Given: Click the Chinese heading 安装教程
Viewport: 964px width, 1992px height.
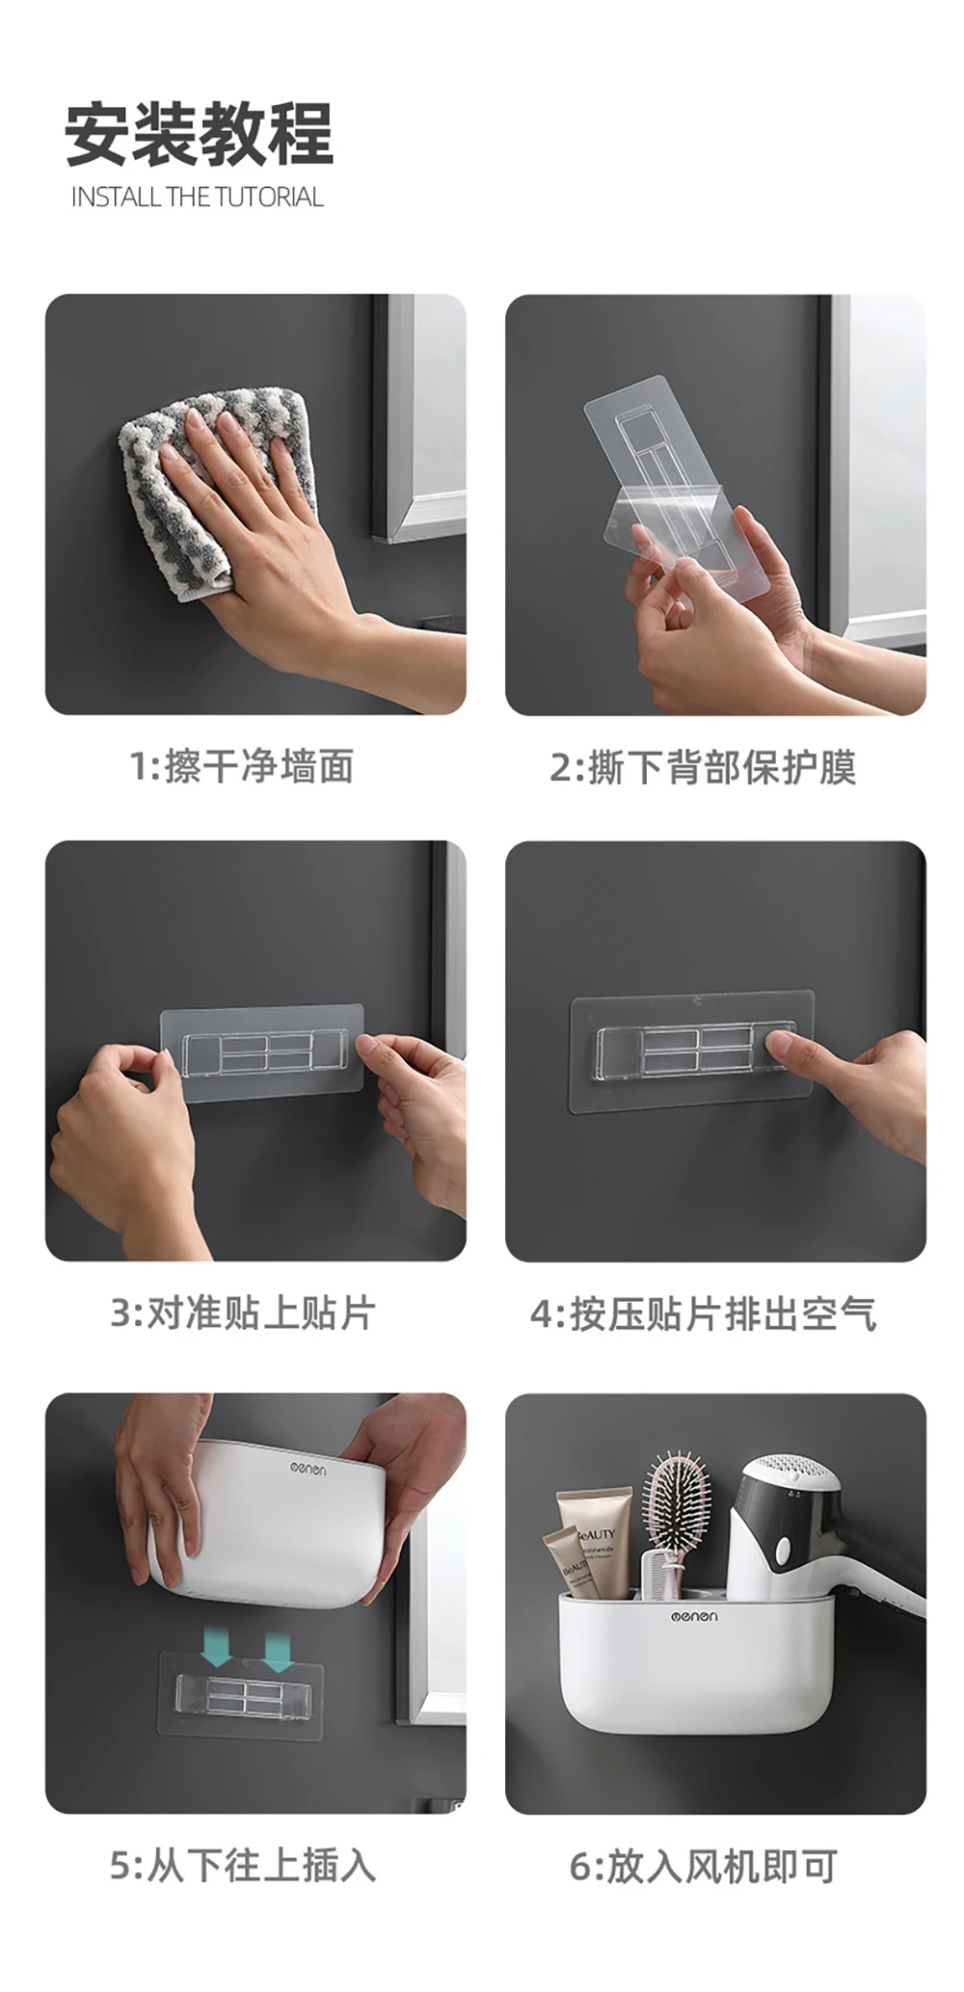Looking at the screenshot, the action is pyautogui.click(x=199, y=133).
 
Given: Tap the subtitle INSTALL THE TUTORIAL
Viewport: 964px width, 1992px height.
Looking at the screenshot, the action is pyautogui.click(x=198, y=198).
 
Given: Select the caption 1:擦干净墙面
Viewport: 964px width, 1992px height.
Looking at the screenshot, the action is pyautogui.click(x=241, y=767).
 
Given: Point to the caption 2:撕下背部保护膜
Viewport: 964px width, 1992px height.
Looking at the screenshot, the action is pyautogui.click(x=703, y=768).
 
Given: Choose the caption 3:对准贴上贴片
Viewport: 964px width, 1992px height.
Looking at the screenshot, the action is pyautogui.click(x=242, y=1314).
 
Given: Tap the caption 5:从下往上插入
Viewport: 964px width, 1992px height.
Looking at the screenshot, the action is pyautogui.click(x=242, y=1866).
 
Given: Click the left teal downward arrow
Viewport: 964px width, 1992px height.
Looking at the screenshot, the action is pyautogui.click(x=218, y=1647).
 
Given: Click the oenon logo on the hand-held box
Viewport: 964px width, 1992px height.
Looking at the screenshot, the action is pyautogui.click(x=308, y=1469).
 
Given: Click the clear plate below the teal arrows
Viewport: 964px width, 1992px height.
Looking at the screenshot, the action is pyautogui.click(x=239, y=1693).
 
